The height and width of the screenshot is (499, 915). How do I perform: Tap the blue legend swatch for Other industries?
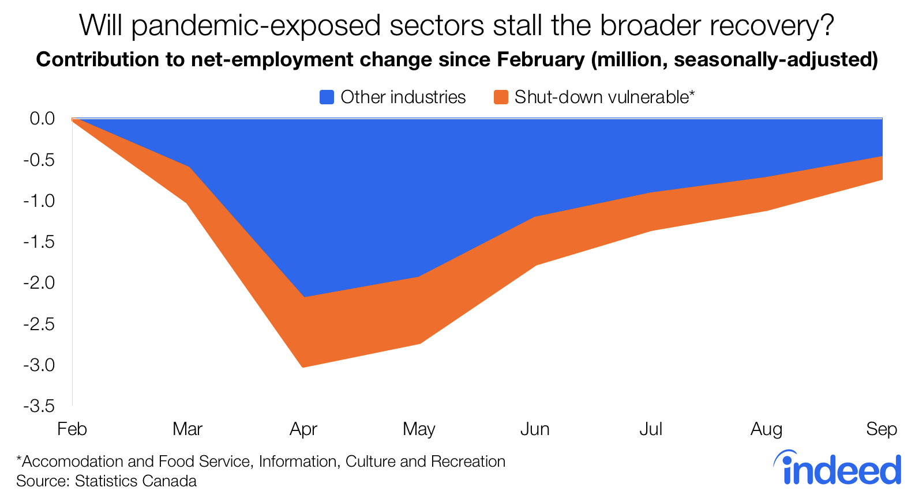[x=327, y=97]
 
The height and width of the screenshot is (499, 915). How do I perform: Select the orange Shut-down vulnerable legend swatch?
[x=501, y=97]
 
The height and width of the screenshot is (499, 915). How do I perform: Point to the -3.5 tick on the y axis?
[x=39, y=406]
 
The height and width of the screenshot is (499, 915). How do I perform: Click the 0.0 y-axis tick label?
[x=42, y=119]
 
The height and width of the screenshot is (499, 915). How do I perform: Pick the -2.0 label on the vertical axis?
[x=39, y=282]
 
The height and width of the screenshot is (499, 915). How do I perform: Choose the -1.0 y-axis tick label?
[x=39, y=201]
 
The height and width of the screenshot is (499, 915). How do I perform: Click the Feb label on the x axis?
[x=72, y=429]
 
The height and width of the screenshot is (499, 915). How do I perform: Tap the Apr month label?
[x=303, y=429]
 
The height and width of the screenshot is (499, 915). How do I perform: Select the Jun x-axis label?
[x=535, y=429]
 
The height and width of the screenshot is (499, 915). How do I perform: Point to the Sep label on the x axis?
[x=882, y=429]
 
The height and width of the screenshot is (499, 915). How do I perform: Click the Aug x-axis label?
[x=766, y=429]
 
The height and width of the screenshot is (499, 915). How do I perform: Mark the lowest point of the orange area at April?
[x=303, y=367]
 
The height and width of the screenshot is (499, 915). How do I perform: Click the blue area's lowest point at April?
[x=303, y=297]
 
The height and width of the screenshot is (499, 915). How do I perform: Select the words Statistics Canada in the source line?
[x=136, y=481]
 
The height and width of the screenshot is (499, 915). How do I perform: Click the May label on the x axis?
[x=419, y=429]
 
